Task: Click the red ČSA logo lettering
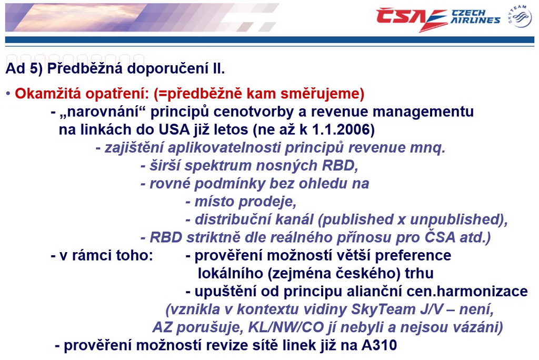pos(411,18)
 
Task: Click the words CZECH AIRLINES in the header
pos(475,16)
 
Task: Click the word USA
pos(174,129)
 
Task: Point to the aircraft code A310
pos(379,345)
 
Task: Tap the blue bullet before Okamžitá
pos(8,94)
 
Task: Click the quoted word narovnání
pos(103,112)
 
